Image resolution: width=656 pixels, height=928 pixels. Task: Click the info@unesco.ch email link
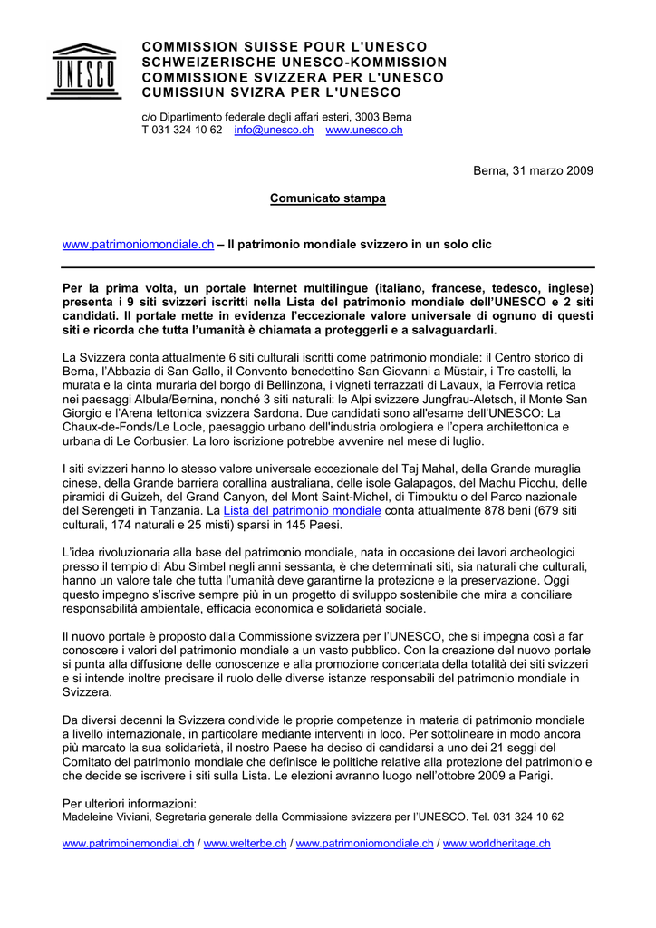[x=274, y=130]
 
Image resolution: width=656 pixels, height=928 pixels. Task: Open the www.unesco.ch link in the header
[x=364, y=130]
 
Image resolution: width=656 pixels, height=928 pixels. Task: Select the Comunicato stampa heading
[x=328, y=198]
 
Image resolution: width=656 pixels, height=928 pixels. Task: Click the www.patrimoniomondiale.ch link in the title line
[x=138, y=245]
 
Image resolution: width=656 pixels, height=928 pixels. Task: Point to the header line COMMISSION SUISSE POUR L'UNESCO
[x=285, y=46]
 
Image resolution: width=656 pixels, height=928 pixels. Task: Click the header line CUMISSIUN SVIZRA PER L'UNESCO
[x=272, y=92]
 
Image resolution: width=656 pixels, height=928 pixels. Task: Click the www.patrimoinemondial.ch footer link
[x=128, y=844]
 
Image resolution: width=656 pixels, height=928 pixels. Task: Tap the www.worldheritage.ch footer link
[x=497, y=844]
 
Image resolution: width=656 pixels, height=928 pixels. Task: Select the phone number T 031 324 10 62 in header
[x=182, y=130]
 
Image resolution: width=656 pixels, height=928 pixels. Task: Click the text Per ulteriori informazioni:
[x=130, y=803]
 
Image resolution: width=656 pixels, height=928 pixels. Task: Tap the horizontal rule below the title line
[x=328, y=268]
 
